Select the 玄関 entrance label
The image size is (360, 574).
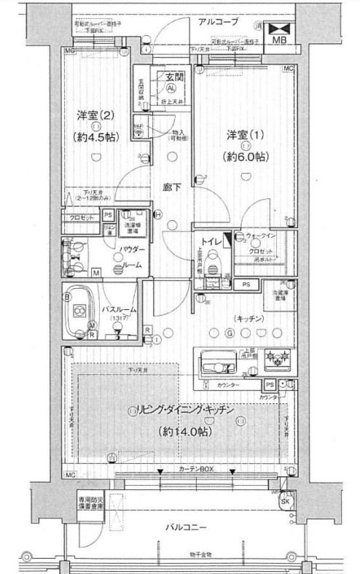tap(173, 77)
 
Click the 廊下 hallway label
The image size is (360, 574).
tap(173, 187)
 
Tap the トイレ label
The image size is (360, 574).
tap(211, 237)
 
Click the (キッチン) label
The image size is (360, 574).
tap(248, 319)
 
